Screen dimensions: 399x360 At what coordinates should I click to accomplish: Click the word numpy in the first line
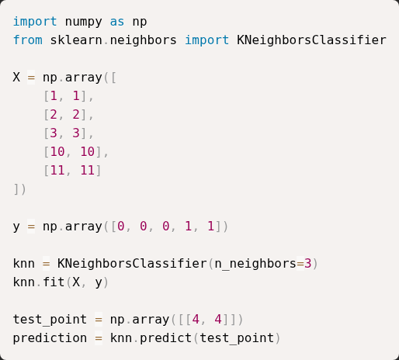[x=83, y=22]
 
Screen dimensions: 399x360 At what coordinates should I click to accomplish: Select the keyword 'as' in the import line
[x=117, y=22]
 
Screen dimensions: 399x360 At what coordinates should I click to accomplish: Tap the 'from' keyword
[x=28, y=40]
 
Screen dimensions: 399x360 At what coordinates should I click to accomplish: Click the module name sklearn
[x=76, y=40]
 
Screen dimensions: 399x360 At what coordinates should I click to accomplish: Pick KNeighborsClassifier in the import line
[x=311, y=40]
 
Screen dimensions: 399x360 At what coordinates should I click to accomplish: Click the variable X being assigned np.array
[x=16, y=78]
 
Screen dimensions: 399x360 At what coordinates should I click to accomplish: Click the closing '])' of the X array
[x=19, y=189]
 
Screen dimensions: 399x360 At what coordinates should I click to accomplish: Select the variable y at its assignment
[x=16, y=227]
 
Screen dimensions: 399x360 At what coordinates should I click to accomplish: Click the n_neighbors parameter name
[x=255, y=264]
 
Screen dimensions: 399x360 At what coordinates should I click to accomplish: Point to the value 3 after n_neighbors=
[x=308, y=264]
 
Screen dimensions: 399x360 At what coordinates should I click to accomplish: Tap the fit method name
[x=54, y=282]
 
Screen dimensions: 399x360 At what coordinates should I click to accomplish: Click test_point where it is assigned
[x=50, y=320]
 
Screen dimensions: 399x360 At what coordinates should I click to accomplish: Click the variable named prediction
[x=50, y=338]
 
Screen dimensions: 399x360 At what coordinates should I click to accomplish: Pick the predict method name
[x=165, y=338]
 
